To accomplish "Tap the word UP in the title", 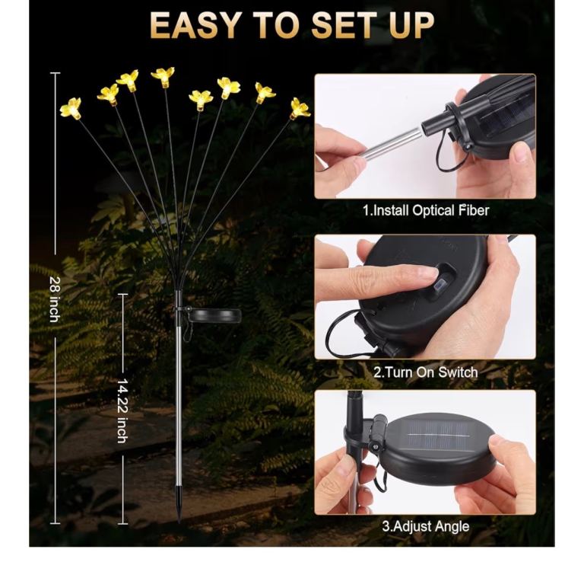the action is click(412, 25).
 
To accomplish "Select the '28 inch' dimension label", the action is click(55, 299).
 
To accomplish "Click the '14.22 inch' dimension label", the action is click(122, 410).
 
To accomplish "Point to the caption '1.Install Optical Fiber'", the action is click(426, 211).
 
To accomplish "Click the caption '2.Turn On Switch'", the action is click(426, 372).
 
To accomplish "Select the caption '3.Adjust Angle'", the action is click(426, 526).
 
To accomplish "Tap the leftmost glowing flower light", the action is click(71, 108).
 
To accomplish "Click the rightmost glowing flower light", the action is click(300, 109).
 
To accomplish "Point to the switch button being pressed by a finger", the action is click(442, 286).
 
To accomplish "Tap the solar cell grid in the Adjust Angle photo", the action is click(439, 435).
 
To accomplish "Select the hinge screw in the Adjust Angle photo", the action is click(374, 445).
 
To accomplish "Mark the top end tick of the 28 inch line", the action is click(55, 73).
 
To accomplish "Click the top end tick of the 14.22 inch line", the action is click(122, 294).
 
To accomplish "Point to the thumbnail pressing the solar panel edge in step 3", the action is click(497, 442).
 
